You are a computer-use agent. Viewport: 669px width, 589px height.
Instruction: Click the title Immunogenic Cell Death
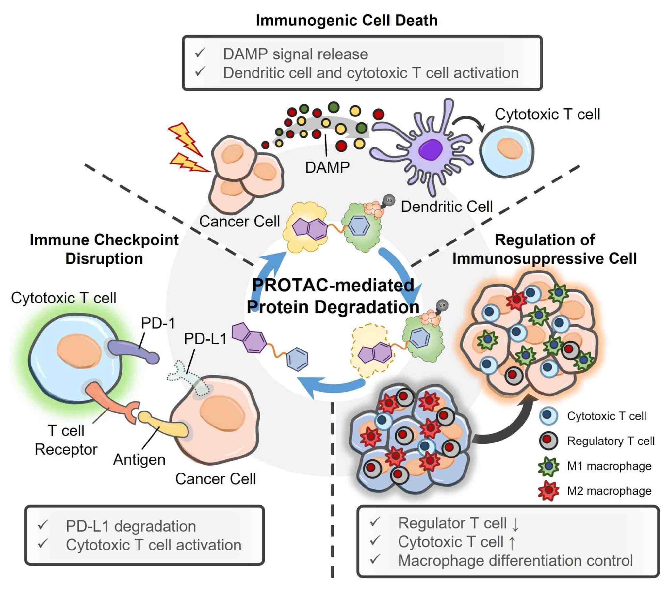(346, 20)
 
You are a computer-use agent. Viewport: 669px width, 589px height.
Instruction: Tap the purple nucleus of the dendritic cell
(432, 149)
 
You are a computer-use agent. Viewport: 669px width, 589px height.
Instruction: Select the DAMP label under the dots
(327, 167)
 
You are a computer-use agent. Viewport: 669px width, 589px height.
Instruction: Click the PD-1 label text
(158, 323)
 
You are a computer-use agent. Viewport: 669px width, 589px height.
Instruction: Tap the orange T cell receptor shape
(111, 403)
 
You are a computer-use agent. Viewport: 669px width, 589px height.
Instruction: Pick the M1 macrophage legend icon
(548, 466)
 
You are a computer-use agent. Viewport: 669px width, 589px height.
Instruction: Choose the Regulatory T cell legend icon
(548, 441)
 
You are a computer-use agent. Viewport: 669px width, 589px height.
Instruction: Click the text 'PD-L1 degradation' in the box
(131, 526)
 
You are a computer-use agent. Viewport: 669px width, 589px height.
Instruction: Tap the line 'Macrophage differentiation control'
(515, 560)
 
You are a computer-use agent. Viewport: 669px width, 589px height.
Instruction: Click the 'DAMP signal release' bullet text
(295, 54)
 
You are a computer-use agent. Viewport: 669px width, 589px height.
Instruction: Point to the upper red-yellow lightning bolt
(185, 137)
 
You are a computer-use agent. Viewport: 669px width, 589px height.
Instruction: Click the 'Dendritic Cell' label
(447, 207)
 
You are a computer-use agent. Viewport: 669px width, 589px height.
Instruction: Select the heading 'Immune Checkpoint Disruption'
(104, 249)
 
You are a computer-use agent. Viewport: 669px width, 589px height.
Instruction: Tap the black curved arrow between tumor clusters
(504, 428)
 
